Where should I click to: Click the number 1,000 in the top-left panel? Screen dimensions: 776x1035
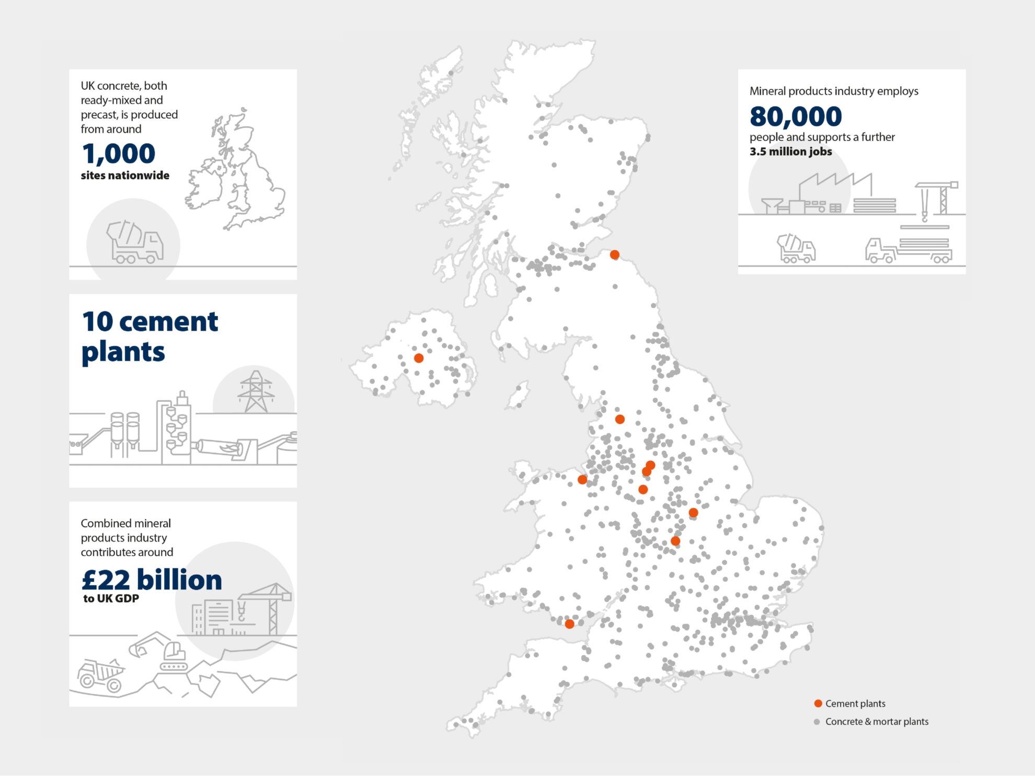click(x=118, y=154)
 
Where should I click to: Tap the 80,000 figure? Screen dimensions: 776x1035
click(x=795, y=117)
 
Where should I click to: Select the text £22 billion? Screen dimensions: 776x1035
click(x=152, y=580)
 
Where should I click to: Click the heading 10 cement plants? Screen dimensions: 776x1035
click(x=149, y=336)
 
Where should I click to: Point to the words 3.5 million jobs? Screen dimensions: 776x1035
click(x=790, y=152)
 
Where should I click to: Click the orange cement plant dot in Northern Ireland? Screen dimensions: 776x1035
click(x=419, y=358)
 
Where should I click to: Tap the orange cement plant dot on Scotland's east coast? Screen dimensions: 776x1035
click(x=615, y=254)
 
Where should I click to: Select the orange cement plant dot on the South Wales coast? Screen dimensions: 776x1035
click(x=570, y=623)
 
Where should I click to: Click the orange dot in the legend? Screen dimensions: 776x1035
click(x=818, y=703)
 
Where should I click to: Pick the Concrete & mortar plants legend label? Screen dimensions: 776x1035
click(x=877, y=722)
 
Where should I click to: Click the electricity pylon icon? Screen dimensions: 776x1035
click(x=255, y=392)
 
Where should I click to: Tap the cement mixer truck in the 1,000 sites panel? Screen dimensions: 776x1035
click(x=135, y=242)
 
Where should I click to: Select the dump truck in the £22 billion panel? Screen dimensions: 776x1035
click(x=100, y=675)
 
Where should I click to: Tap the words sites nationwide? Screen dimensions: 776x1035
click(x=125, y=176)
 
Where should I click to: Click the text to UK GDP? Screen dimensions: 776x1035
click(x=111, y=599)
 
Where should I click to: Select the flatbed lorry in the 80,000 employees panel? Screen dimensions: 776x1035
click(x=908, y=250)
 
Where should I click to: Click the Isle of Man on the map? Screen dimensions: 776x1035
click(x=518, y=396)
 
